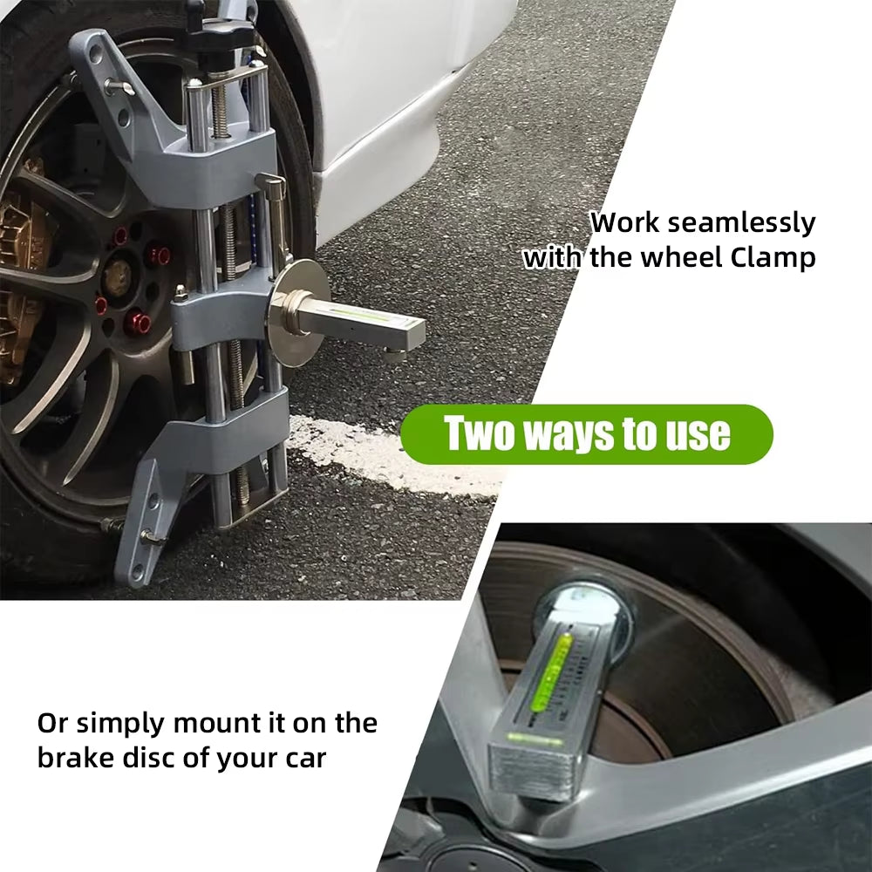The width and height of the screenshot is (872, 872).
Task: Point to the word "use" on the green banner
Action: click(697, 433)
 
